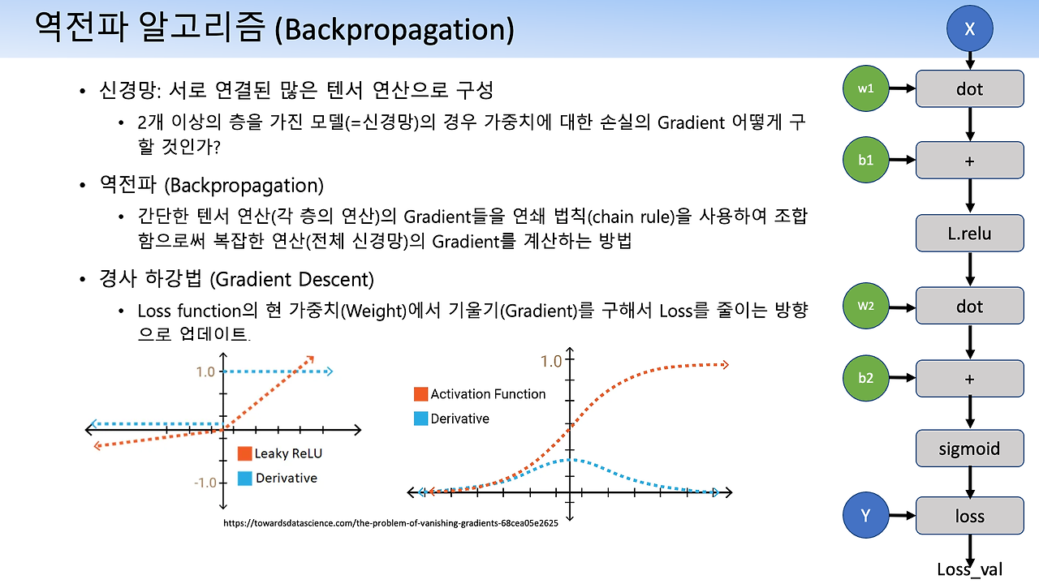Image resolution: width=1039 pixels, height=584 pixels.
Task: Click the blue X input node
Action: tap(969, 28)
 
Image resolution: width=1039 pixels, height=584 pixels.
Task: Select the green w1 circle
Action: tap(865, 88)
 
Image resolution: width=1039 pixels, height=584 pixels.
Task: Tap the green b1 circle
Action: tap(865, 160)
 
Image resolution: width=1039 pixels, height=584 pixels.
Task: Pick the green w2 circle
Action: tap(865, 306)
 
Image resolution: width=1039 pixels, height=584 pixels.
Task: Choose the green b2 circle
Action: tap(865, 378)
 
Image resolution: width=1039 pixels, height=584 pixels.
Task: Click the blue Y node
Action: tap(865, 515)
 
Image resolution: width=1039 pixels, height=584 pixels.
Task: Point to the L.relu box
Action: tap(969, 233)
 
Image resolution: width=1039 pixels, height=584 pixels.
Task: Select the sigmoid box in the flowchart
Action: tap(969, 449)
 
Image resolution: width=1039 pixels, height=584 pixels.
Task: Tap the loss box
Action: tap(969, 515)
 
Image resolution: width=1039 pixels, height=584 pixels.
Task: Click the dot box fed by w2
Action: tap(969, 306)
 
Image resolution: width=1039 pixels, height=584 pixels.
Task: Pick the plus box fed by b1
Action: tap(969, 161)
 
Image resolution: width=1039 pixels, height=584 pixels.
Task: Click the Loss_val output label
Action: tap(969, 569)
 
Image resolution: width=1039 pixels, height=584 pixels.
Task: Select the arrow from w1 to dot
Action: tap(902, 88)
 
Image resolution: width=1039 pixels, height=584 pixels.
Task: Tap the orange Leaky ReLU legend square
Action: tap(244, 453)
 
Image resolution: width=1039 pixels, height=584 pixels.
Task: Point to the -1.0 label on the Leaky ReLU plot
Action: tap(205, 483)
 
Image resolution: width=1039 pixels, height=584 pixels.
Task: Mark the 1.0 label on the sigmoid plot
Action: tap(551, 362)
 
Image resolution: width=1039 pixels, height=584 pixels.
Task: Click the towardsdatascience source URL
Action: tap(390, 523)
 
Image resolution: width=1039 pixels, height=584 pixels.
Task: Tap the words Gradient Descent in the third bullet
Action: tap(291, 280)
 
